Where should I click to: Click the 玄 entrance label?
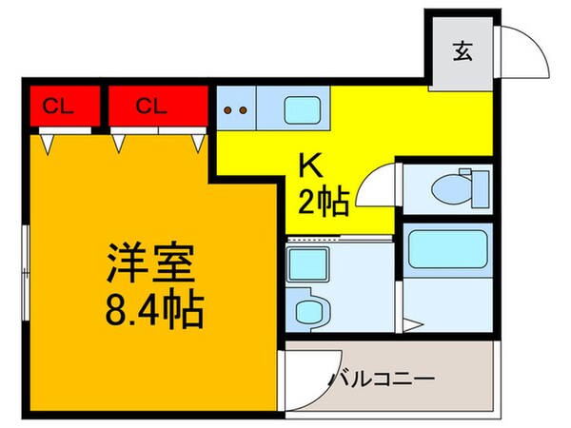coord(461,52)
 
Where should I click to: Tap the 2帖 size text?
coord(324,200)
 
